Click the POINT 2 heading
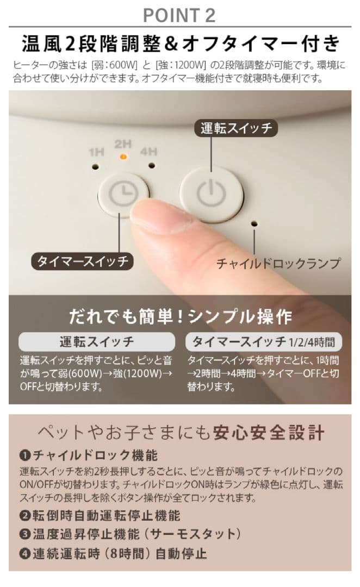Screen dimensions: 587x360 [179, 15]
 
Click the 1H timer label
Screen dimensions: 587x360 [96, 152]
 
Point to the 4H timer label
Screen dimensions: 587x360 [148, 152]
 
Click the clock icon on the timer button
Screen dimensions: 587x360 [123, 192]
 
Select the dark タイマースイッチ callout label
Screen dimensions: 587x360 [83, 261]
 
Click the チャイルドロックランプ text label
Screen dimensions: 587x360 [278, 264]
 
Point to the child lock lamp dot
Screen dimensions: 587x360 [254, 222]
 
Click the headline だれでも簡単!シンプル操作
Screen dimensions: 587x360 [180, 317]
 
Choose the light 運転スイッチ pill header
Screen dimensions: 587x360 [96, 342]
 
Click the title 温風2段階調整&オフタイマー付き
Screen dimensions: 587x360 [180, 43]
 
